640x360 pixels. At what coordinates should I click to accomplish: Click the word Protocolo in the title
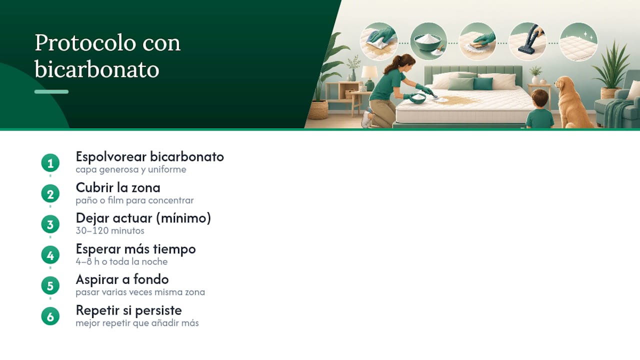(85, 43)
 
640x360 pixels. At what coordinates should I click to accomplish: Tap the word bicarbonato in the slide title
(97, 69)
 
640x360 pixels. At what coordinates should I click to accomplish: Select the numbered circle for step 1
(50, 163)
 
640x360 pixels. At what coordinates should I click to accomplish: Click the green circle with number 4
(50, 255)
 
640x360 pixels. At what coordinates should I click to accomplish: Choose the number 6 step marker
(50, 316)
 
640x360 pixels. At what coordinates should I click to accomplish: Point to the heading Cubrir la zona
(118, 187)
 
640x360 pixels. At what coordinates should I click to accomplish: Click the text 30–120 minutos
(110, 230)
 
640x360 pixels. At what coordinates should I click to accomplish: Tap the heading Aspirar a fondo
(122, 279)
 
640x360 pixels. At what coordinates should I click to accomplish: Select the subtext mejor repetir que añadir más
(137, 323)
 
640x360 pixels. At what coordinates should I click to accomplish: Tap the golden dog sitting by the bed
(571, 102)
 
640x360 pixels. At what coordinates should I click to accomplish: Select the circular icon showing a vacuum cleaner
(527, 41)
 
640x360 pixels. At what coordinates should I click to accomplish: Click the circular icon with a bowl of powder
(428, 41)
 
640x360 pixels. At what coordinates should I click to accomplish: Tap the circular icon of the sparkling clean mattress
(578, 41)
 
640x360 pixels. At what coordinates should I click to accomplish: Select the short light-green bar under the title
(51, 91)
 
